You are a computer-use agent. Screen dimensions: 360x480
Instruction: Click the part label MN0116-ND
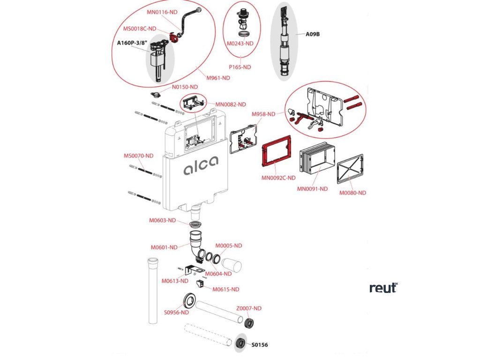[x=162, y=12]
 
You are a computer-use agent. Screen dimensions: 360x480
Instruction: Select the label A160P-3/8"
[x=133, y=44]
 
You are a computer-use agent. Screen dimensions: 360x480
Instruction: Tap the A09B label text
[x=313, y=34]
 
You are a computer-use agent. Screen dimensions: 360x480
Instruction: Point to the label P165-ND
[x=240, y=67]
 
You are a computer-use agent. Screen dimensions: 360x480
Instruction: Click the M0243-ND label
[x=240, y=44]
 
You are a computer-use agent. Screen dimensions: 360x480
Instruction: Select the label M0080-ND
[x=352, y=193]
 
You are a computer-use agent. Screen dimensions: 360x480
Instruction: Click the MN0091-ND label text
[x=313, y=189]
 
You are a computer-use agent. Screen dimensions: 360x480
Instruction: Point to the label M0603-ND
[x=162, y=220]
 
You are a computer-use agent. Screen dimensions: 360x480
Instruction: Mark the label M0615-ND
[x=226, y=290]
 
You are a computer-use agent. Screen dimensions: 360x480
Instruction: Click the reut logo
[x=383, y=288]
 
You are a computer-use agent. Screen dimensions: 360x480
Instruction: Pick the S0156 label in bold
[x=260, y=345]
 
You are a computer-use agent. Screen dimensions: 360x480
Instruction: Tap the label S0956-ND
[x=176, y=313]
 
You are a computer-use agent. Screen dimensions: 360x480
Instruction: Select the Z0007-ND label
[x=248, y=308]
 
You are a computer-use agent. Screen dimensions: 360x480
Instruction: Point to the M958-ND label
[x=263, y=114]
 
